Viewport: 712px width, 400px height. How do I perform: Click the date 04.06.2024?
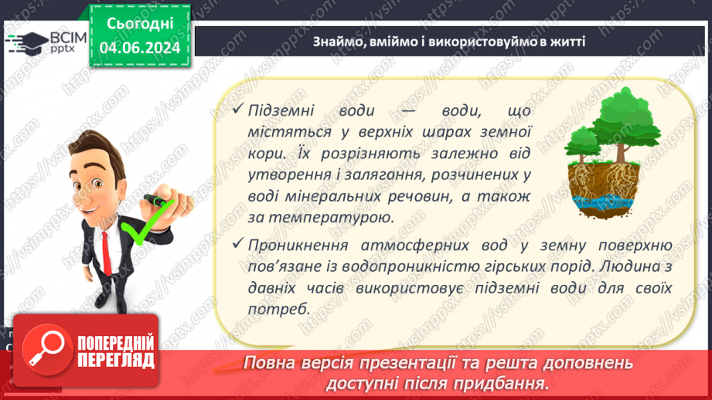tap(140, 48)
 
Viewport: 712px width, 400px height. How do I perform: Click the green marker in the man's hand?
tap(160, 204)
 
